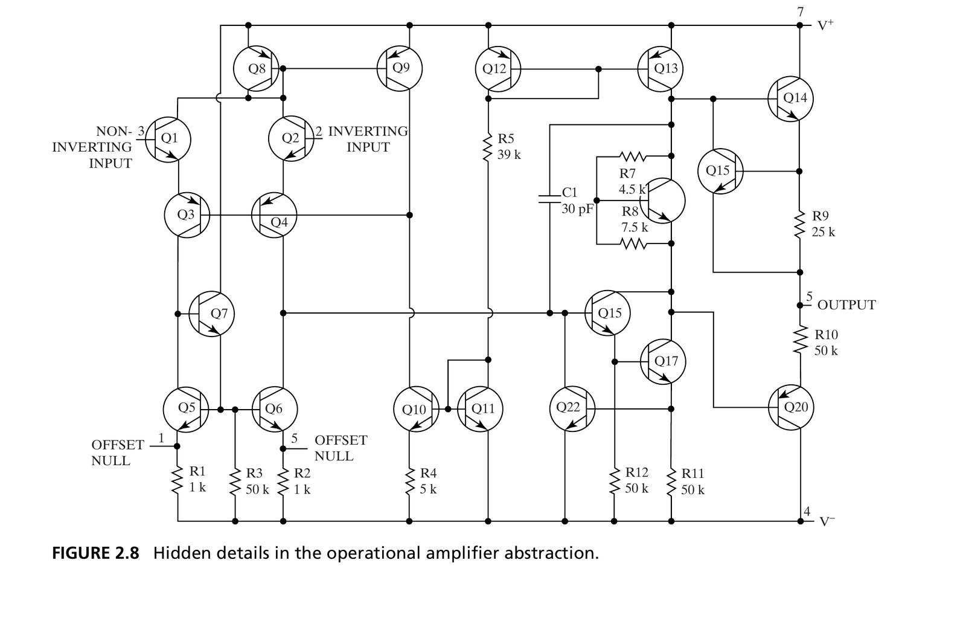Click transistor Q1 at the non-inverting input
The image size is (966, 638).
(x=168, y=140)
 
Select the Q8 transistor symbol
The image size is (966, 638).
(x=256, y=69)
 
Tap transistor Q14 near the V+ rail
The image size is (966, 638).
(x=790, y=99)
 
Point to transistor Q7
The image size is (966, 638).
(x=211, y=314)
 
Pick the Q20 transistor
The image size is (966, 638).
(x=791, y=407)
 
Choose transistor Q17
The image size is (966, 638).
(x=663, y=361)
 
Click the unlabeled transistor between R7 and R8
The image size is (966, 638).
(x=662, y=201)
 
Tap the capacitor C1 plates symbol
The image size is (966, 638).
(x=549, y=199)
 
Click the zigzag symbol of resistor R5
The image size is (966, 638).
(x=488, y=147)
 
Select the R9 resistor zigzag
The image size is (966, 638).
(x=799, y=224)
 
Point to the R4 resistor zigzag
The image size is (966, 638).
(x=409, y=482)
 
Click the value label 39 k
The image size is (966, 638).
(x=509, y=155)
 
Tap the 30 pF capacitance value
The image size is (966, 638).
(x=577, y=210)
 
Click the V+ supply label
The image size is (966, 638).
(x=826, y=25)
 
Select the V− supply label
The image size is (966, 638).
(x=827, y=521)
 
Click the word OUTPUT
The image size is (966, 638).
(x=846, y=304)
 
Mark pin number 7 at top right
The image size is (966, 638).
(x=801, y=12)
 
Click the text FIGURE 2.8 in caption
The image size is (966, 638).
(x=96, y=553)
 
